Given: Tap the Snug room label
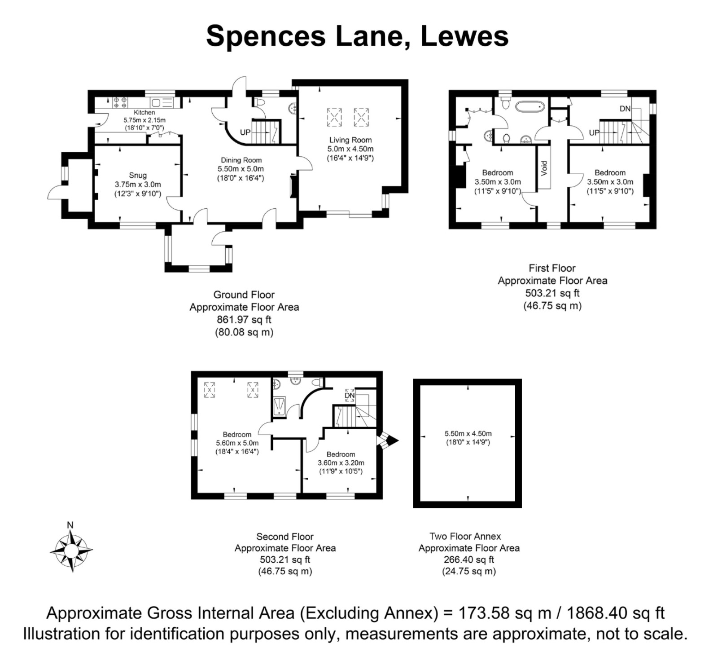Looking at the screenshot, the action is click(138, 175).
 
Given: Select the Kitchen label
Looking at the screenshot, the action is click(144, 112).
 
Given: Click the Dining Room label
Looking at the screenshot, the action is click(241, 160).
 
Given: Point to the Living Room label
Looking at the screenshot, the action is click(350, 140).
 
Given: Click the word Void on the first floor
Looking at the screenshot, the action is click(544, 168).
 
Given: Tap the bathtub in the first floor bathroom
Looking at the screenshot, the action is click(530, 107).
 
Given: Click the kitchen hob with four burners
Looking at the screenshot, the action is click(120, 102).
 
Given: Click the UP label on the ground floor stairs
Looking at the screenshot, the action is click(245, 132).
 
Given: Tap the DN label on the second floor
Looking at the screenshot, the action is click(350, 396).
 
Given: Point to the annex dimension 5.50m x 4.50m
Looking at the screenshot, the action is click(468, 433).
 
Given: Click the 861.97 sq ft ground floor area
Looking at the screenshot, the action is click(244, 320).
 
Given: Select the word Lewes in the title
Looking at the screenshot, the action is click(464, 36).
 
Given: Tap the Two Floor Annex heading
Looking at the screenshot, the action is click(465, 536).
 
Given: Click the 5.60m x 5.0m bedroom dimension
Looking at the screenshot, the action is click(237, 443).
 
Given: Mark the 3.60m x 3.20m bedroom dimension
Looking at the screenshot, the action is click(341, 463).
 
